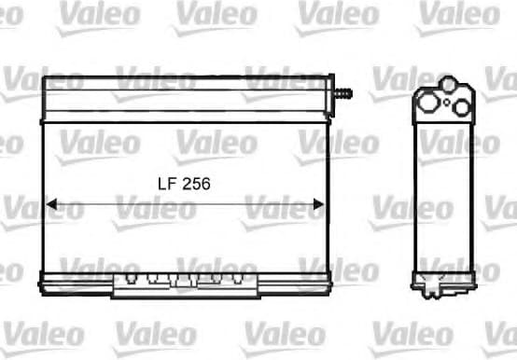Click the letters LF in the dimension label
(x=164, y=185)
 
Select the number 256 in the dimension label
(x=193, y=185)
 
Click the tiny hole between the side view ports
(x=446, y=104)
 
